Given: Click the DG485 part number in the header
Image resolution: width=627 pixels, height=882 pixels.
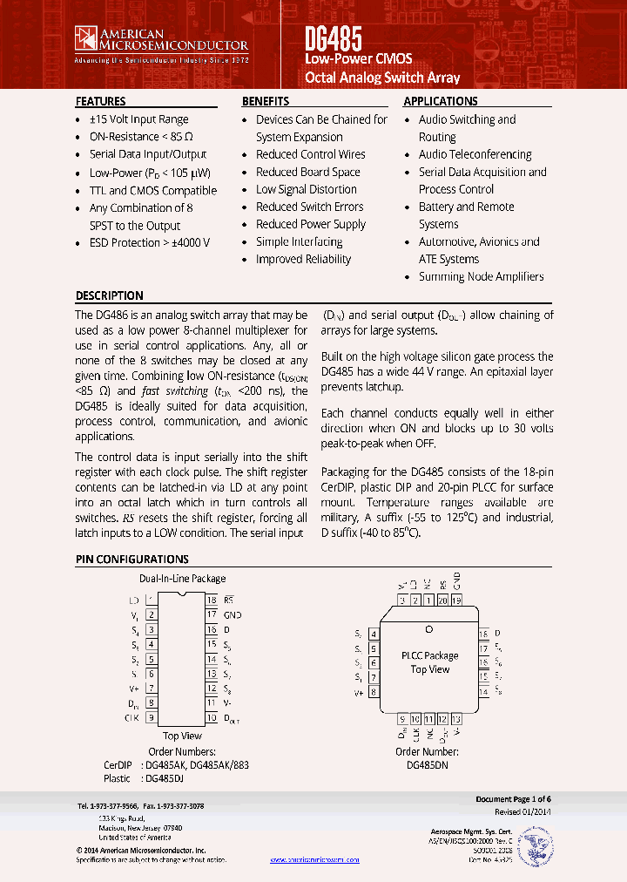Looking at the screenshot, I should (x=334, y=38).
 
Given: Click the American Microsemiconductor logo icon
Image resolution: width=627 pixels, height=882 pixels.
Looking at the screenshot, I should (x=86, y=38).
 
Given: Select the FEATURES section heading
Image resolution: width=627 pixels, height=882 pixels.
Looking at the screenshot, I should (x=100, y=101).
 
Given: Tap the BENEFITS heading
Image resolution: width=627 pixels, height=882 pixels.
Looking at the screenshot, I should (x=266, y=101).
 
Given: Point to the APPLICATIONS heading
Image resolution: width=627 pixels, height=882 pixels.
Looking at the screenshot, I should (x=441, y=101).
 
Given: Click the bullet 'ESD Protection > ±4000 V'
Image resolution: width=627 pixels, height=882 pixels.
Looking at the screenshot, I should (x=150, y=243).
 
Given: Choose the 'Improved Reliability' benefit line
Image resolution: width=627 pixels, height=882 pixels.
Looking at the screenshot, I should (x=303, y=259).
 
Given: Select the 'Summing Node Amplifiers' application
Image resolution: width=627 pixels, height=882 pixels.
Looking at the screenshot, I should (x=481, y=276).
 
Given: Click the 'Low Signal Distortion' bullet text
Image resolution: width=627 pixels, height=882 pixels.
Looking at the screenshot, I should (x=306, y=189).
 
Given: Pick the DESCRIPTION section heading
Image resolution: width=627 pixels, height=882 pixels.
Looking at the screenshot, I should (x=109, y=295).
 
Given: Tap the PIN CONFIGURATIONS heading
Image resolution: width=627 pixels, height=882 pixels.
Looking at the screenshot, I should (x=131, y=560).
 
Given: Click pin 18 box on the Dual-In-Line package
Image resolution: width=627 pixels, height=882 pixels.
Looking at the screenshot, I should (x=212, y=600).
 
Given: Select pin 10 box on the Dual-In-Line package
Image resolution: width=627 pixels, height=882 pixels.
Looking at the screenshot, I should (x=212, y=718).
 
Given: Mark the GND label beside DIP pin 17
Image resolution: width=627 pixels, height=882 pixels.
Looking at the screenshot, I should (x=233, y=615).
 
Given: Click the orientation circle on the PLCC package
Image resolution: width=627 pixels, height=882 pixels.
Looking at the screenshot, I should (x=428, y=628).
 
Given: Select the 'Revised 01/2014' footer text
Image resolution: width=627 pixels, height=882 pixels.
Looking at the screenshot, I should (x=522, y=811).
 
